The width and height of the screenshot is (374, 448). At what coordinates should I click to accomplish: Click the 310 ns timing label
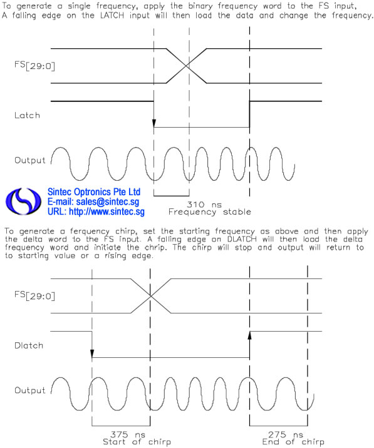pos(204,205)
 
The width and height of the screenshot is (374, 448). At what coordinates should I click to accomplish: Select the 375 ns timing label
pos(128,435)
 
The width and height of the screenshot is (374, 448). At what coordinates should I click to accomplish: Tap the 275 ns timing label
pos(285,435)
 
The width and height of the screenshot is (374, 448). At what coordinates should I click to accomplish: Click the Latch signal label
pos(27,115)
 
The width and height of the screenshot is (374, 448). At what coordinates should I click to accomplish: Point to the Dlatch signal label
pos(29,345)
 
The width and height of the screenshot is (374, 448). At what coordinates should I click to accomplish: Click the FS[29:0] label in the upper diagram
pos(34,66)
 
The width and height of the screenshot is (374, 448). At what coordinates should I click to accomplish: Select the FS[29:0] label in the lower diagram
pos(34,295)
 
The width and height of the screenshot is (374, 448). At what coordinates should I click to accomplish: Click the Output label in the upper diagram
pos(30,160)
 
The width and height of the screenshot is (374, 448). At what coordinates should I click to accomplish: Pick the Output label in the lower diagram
pos(30,390)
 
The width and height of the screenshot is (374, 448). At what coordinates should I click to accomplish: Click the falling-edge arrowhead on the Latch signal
pos(154,123)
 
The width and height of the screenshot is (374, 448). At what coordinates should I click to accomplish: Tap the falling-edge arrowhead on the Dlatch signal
pos(92,354)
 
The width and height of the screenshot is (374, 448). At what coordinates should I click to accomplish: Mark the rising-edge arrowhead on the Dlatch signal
pos(249,335)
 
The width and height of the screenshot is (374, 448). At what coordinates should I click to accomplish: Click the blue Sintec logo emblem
pos(23,201)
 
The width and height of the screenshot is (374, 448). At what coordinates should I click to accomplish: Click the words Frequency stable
pos(210,212)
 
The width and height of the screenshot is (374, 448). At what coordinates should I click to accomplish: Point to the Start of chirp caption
pos(137,442)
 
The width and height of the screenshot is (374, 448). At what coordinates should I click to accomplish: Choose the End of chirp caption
pos(293,442)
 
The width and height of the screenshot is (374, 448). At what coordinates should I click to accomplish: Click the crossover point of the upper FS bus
pos(187,66)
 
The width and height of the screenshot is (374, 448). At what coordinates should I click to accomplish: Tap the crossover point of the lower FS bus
pos(150,296)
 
